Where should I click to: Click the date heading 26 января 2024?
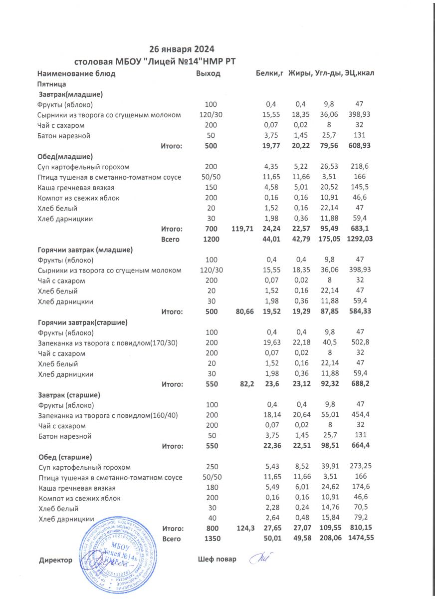click(182, 49)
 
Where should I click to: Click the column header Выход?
click(209, 73)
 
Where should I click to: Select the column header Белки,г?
click(270, 73)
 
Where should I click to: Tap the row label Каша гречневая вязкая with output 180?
click(77, 488)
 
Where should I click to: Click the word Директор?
click(55, 561)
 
